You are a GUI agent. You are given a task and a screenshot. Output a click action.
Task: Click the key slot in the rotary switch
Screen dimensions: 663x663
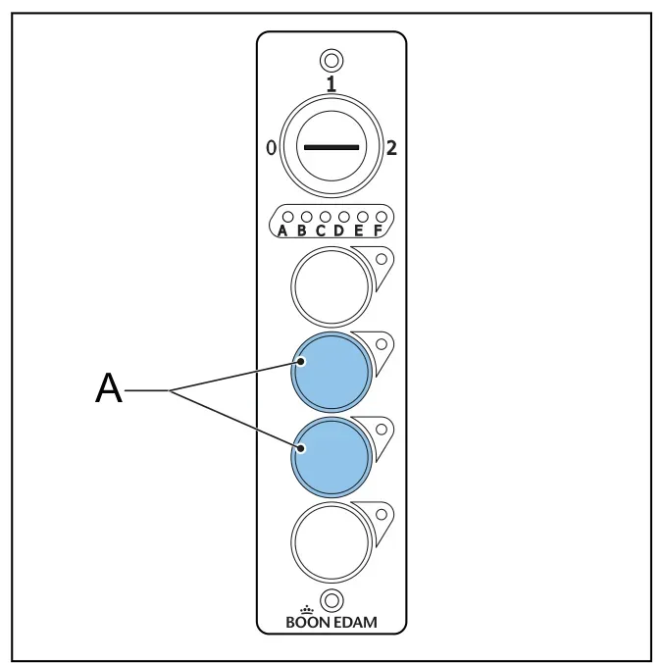pos(331,147)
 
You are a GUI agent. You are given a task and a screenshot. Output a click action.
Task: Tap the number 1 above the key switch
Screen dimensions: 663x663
pos(331,83)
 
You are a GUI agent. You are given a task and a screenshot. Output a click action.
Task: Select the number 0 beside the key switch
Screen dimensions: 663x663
pos(271,148)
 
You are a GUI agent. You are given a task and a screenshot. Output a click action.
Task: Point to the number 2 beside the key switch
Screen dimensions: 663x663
pos(391,148)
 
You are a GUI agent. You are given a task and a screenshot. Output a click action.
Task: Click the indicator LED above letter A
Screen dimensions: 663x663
pos(287,217)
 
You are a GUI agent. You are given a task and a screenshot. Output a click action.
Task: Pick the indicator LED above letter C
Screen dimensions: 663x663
pos(326,217)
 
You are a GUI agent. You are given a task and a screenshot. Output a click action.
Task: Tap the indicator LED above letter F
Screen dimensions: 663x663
pos(382,217)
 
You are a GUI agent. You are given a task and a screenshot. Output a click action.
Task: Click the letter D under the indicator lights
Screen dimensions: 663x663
pos(339,230)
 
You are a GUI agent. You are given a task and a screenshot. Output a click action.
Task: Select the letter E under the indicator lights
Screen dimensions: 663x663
pos(359,230)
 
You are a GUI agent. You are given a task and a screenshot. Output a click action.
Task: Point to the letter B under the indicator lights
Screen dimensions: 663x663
pos(301,230)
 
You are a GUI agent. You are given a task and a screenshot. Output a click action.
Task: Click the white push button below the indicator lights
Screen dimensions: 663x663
pos(331,286)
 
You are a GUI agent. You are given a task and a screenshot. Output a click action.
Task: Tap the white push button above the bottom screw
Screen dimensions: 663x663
pos(331,542)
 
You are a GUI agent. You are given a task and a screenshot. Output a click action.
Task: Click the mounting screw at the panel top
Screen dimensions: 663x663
pos(331,61)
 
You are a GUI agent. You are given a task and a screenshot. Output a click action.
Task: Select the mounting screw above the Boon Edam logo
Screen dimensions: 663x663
pos(331,600)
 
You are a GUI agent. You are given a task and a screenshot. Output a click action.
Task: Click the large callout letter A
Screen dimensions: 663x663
pos(109,388)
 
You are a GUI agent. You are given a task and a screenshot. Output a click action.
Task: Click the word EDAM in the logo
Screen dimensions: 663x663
pos(356,623)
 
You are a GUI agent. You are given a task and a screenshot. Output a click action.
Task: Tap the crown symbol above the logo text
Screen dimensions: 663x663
pos(307,610)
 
